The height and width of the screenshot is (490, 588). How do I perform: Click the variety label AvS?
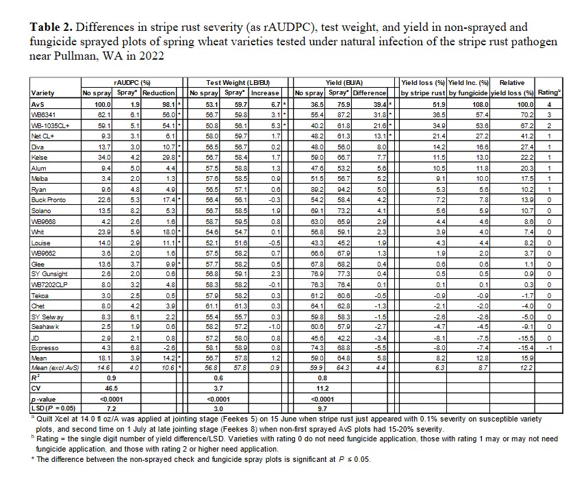pyautogui.click(x=38, y=103)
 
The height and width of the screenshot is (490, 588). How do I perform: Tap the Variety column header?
pyautogui.click(x=43, y=93)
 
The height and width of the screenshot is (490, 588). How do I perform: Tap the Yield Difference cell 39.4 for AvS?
pyautogui.click(x=376, y=103)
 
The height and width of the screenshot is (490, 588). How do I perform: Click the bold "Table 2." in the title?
pyautogui.click(x=51, y=28)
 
